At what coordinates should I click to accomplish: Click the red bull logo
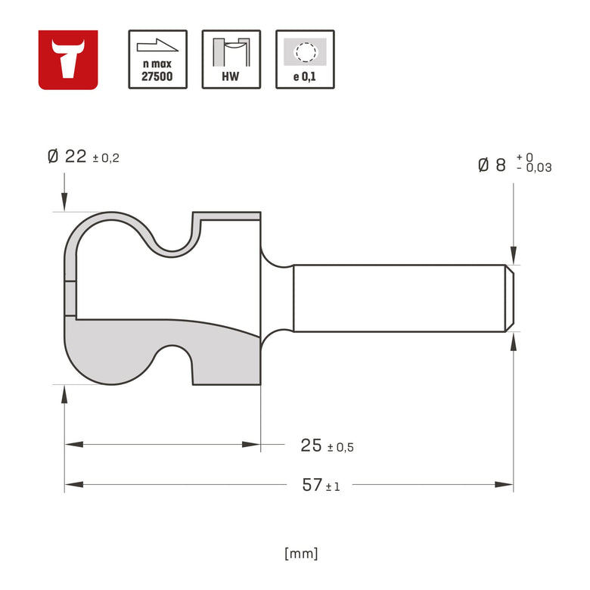pyautogui.click(x=68, y=60)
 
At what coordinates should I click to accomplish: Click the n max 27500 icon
pyautogui.click(x=157, y=60)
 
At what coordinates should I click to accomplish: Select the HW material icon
pyautogui.click(x=231, y=60)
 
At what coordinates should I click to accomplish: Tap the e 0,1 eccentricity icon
pyautogui.click(x=305, y=60)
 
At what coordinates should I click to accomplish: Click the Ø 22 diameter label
pyautogui.click(x=67, y=157)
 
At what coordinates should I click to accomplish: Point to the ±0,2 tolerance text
pyautogui.click(x=107, y=159)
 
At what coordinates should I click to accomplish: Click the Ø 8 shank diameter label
pyautogui.click(x=492, y=165)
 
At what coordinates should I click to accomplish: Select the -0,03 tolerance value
pyautogui.click(x=534, y=169)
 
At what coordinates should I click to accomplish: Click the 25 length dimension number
pyautogui.click(x=311, y=446)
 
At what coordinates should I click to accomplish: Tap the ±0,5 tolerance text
pyautogui.click(x=340, y=448)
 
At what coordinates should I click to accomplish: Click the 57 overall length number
pyautogui.click(x=312, y=485)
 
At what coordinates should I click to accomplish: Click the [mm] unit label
pyautogui.click(x=301, y=553)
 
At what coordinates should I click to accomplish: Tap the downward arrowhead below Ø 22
pyautogui.click(x=64, y=202)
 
